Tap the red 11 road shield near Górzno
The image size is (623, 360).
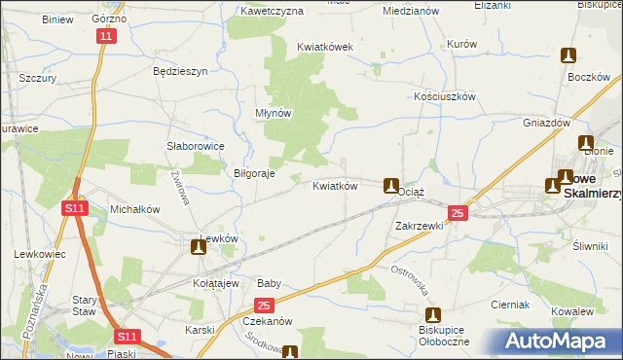point(106,36)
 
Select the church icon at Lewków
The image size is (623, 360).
point(199,248)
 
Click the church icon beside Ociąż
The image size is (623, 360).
point(391,185)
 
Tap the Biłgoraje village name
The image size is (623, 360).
point(254,173)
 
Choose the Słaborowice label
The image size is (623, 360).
point(195,146)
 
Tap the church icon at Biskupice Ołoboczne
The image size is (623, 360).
point(434,315)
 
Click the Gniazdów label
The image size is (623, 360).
point(546,124)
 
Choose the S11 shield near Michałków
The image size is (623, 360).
point(75,208)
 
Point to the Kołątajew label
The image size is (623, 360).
point(216,283)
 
